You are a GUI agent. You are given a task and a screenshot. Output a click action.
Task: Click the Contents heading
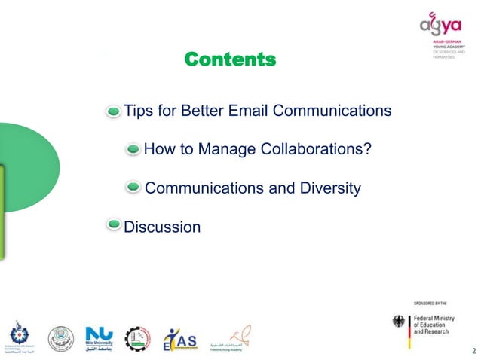230,59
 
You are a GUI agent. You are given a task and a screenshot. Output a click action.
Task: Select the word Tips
138,111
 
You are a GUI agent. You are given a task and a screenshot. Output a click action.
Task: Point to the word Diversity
326,188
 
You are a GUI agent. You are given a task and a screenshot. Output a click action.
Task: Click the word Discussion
162,226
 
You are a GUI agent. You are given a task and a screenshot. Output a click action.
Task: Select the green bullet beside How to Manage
133,149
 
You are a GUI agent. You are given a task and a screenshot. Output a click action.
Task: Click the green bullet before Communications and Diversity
133,187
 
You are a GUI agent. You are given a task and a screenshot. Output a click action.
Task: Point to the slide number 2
473,351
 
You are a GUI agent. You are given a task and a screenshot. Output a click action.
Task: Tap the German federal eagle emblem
400,322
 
